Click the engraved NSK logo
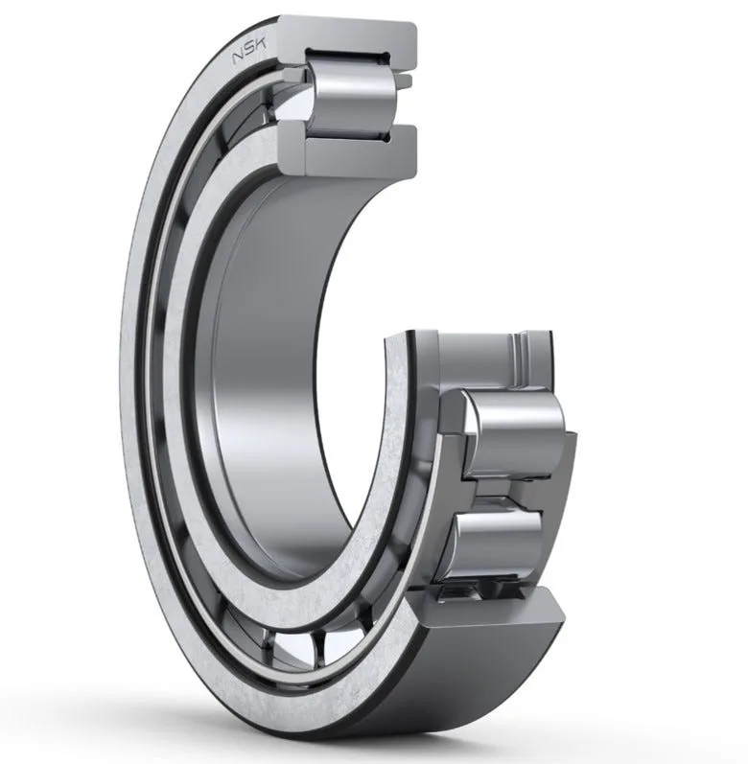coord(249,51)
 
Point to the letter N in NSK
coord(237,58)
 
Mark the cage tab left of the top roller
coord(295,76)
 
